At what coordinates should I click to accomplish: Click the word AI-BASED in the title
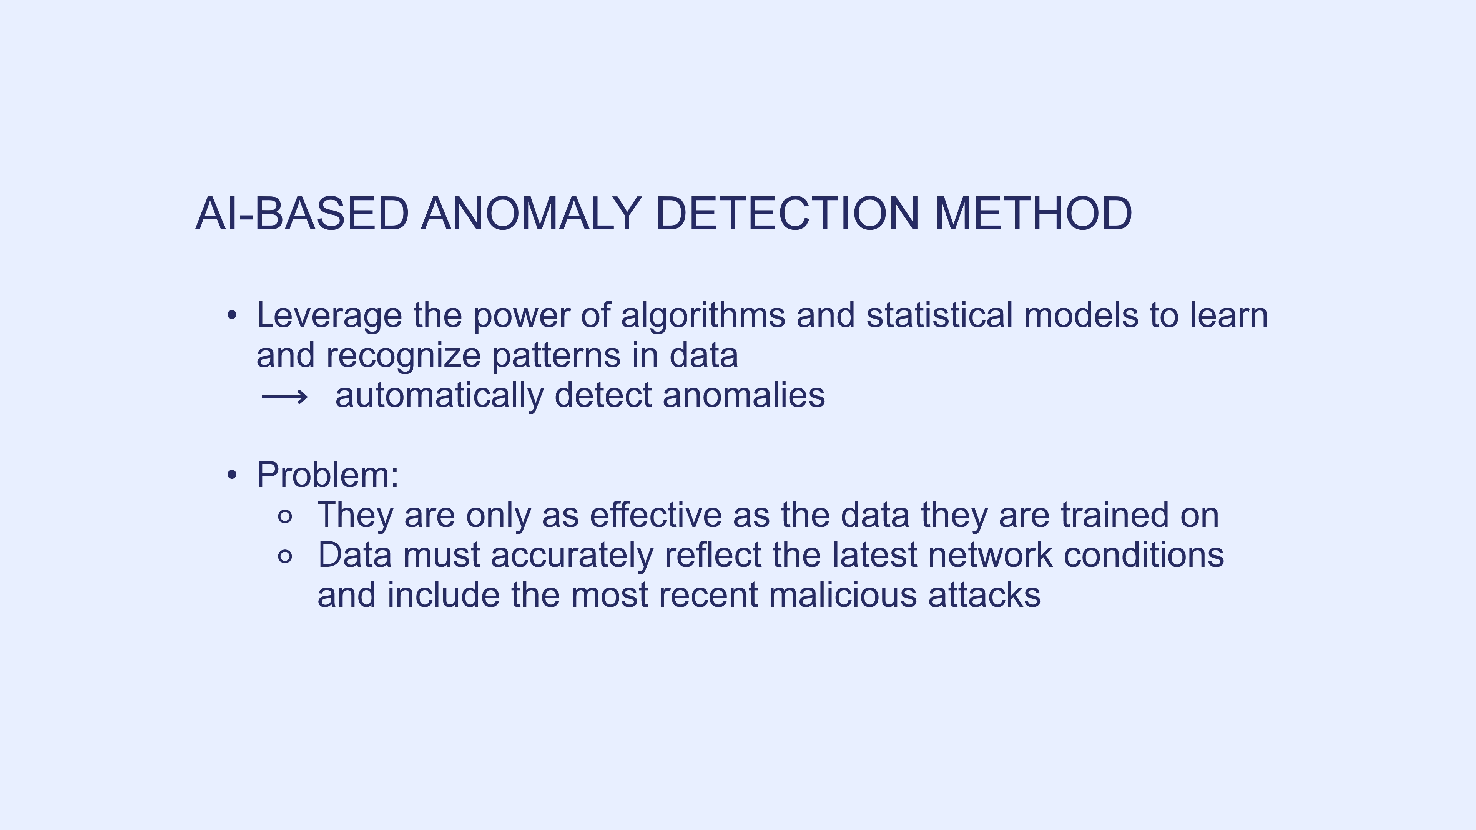click(x=302, y=213)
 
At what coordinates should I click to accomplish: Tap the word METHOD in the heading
click(x=1033, y=213)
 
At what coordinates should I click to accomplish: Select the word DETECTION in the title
click(x=787, y=213)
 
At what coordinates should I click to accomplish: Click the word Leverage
click(x=329, y=316)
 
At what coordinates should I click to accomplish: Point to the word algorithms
click(x=703, y=316)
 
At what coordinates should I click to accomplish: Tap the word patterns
click(x=556, y=356)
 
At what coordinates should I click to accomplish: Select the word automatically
click(x=439, y=396)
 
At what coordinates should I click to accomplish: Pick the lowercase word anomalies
click(x=744, y=395)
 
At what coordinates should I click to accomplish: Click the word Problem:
click(x=327, y=475)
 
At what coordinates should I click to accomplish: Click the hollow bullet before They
click(x=285, y=516)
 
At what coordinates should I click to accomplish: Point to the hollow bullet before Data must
click(x=285, y=556)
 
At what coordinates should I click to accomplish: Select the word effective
click(x=655, y=515)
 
